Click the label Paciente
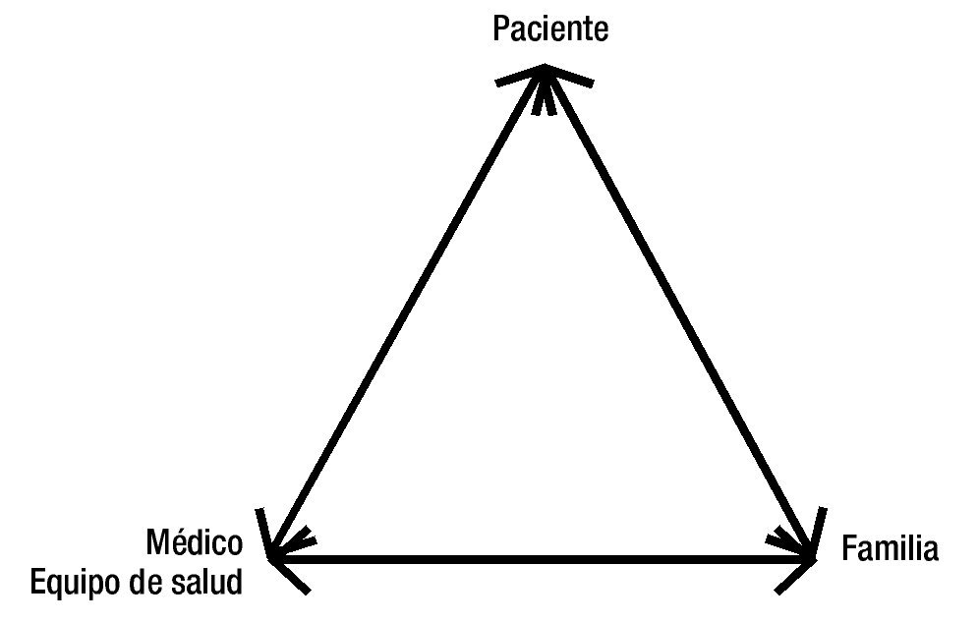coord(550,29)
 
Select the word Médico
coord(194,543)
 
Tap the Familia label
coord(891,549)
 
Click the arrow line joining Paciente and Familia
coord(678,314)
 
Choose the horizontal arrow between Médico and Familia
coord(541,560)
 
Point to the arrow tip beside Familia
coord(812,557)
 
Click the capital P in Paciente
coord(500,29)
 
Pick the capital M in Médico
coord(157,543)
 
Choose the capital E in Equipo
coord(38,583)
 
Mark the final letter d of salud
coord(233,583)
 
